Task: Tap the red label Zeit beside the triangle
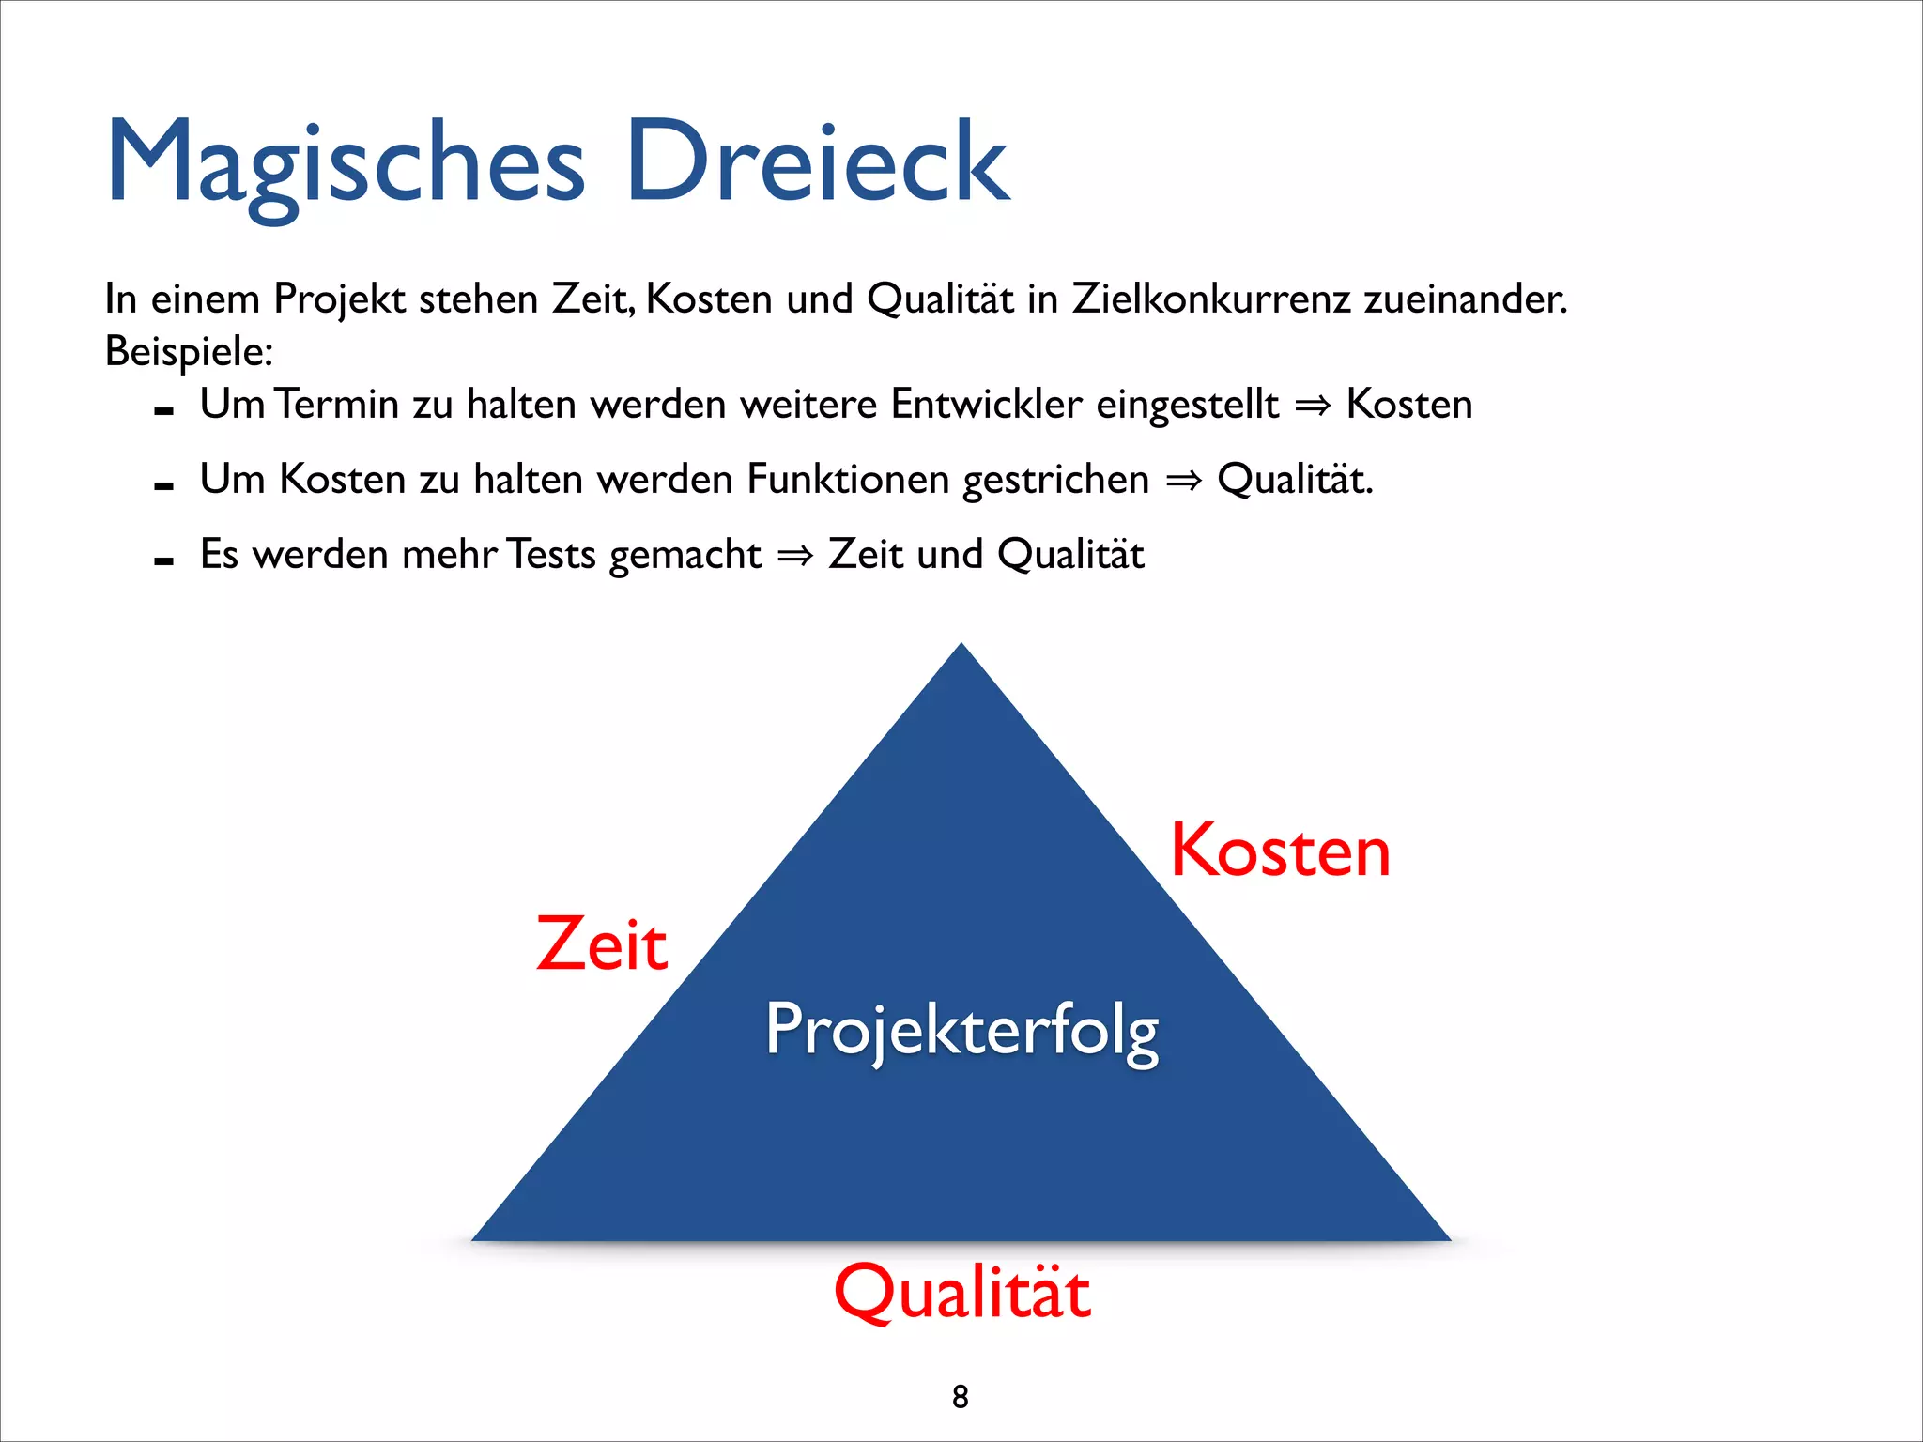(602, 943)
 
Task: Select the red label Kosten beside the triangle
(1280, 851)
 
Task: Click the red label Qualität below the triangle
(962, 1293)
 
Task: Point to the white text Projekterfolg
(962, 1030)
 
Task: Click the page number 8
(960, 1397)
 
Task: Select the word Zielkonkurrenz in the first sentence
(1211, 299)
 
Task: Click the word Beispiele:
(189, 352)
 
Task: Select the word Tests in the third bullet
(551, 555)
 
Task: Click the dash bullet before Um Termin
(163, 411)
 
